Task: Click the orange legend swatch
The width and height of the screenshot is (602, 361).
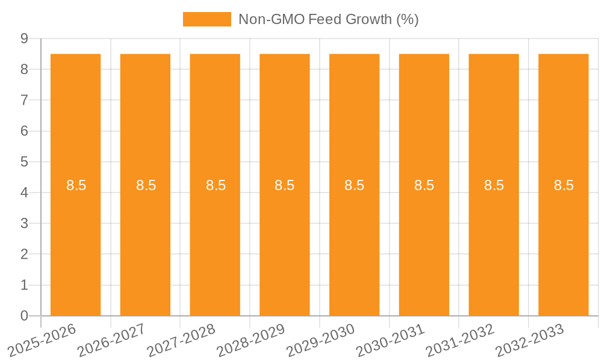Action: point(206,19)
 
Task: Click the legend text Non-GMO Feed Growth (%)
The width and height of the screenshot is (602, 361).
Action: point(328,19)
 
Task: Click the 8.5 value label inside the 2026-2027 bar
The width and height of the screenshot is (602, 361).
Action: point(146,185)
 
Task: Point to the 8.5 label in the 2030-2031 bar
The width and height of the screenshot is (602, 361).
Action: point(424,185)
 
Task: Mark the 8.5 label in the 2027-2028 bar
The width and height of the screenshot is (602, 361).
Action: point(216,185)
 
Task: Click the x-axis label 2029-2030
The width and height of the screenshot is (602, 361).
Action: point(321,340)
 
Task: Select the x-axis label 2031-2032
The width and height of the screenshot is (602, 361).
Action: point(460,340)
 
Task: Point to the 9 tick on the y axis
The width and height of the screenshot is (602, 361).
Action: point(24,39)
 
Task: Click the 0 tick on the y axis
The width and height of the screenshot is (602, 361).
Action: point(24,316)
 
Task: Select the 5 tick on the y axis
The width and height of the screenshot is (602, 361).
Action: point(24,162)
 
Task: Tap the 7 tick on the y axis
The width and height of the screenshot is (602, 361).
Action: point(24,100)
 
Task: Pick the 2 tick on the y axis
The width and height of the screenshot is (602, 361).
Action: point(24,255)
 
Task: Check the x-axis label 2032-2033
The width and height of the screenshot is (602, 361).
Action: point(530,340)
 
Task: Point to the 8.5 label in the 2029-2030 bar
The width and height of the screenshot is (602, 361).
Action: point(355,185)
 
